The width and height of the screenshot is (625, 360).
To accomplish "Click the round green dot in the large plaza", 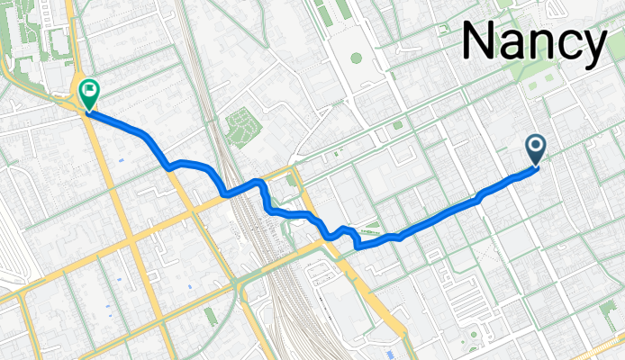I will [357, 58].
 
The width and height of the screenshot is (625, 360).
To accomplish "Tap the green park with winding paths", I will [240, 126].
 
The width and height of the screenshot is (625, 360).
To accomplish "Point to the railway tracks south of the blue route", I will [280, 288].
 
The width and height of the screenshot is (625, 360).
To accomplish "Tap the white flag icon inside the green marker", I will [89, 89].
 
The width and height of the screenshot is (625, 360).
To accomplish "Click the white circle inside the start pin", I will [536, 144].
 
